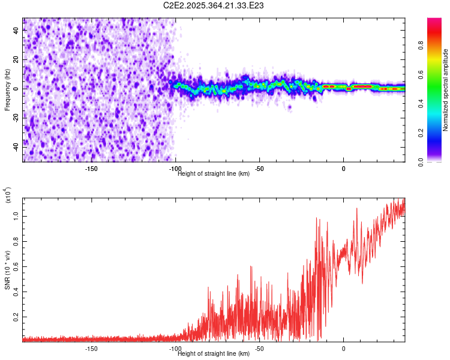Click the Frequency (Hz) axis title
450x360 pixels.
click(x=7, y=90)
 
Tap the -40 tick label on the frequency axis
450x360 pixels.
click(x=16, y=146)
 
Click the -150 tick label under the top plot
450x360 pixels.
click(x=91, y=168)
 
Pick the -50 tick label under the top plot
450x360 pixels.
click(x=259, y=168)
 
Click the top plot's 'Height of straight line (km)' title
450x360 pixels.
click(x=214, y=173)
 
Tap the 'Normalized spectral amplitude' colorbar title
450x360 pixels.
click(x=446, y=90)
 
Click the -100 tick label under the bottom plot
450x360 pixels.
click(x=175, y=348)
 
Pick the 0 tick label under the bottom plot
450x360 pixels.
click(x=344, y=348)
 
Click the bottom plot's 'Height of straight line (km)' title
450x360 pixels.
click(x=214, y=353)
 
